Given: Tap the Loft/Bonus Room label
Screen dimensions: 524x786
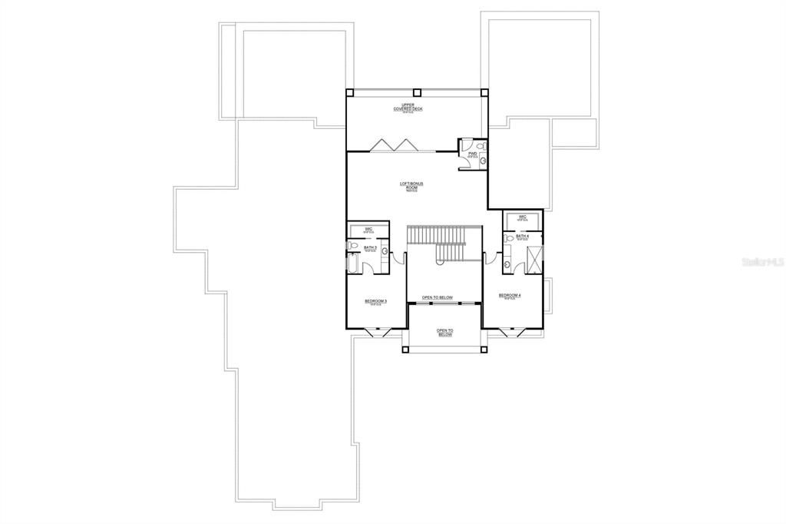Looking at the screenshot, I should point(411,186).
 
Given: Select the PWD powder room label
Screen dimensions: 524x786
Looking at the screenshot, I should point(472,154).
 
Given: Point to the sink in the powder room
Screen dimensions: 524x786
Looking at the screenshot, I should point(482,162).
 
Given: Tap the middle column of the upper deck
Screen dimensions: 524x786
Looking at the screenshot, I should point(417,91).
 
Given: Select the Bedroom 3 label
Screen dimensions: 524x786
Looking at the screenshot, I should point(375,302).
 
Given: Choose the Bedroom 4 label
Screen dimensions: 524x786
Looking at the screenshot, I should point(509,296).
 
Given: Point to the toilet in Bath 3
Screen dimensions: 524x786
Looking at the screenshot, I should point(352,245).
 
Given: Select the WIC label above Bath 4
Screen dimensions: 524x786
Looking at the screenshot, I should point(522,217).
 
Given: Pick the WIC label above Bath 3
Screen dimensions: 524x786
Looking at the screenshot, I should point(368,229).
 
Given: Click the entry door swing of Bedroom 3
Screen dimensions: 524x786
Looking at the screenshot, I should point(397,258).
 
